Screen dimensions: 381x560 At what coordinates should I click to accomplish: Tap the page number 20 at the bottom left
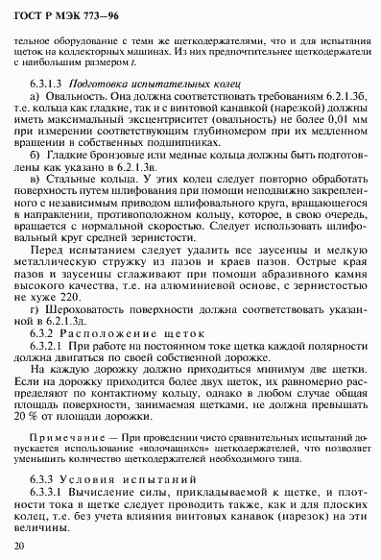coord(21,545)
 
